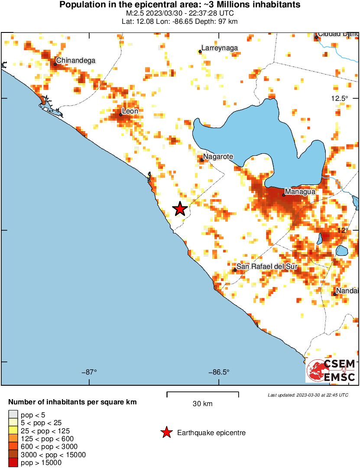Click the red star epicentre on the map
(x=180, y=209)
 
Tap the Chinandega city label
(x=76, y=61)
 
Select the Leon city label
(x=130, y=111)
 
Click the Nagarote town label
(x=218, y=156)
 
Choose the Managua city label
(x=299, y=191)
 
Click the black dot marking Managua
(x=284, y=195)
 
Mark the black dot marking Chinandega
(x=55, y=64)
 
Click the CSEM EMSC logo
(x=331, y=371)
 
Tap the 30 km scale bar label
(x=202, y=404)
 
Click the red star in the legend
(x=166, y=432)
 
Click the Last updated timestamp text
(x=308, y=395)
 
